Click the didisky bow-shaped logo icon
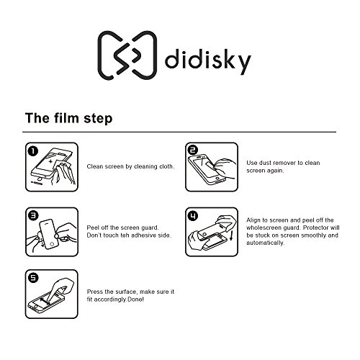[127, 55]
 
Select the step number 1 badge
[33, 151]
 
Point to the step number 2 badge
[193, 150]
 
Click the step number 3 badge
[33, 215]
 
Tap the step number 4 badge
[193, 216]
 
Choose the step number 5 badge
[33, 278]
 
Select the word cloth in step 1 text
[166, 166]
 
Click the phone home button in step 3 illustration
[52, 245]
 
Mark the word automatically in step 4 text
[266, 243]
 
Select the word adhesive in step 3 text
[144, 235]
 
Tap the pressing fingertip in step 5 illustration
[48, 297]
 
